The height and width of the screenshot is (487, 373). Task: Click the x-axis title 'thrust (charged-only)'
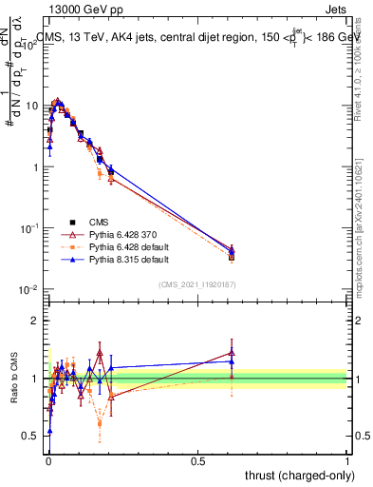pyautogui.click(x=299, y=475)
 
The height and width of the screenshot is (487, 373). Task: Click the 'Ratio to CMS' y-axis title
pyautogui.click(x=13, y=380)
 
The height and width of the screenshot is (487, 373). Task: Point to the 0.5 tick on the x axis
pyautogui.click(x=197, y=460)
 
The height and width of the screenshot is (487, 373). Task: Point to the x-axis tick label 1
pyautogui.click(x=347, y=460)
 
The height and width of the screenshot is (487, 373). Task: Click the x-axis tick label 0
pyautogui.click(x=47, y=460)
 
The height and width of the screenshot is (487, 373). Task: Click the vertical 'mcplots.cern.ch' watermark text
pyautogui.click(x=363, y=238)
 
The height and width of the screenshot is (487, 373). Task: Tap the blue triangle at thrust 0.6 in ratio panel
pyautogui.click(x=232, y=361)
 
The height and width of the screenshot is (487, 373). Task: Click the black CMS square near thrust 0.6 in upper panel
pyautogui.click(x=232, y=256)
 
